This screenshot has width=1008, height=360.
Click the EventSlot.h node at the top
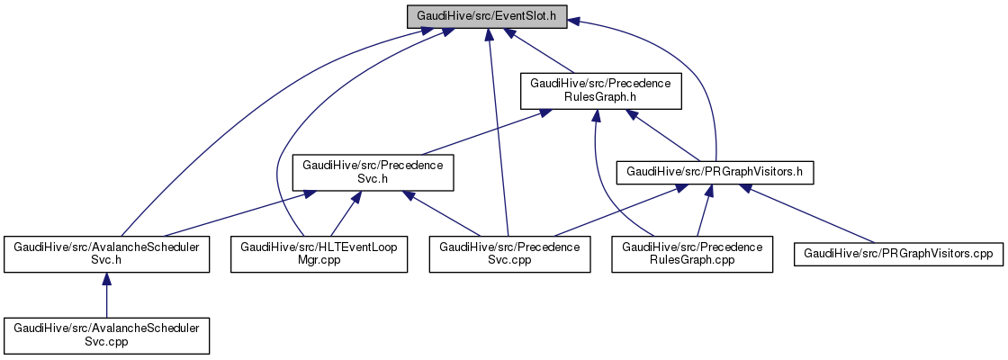[486, 15]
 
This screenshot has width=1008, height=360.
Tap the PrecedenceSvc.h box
[372, 172]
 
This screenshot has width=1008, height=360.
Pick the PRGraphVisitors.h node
[715, 171]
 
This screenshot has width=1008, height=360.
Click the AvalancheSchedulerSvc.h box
[106, 254]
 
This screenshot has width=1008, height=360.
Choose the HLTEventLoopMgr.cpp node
[319, 254]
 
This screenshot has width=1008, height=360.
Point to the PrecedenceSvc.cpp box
[510, 254]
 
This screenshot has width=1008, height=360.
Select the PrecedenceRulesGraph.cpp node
[692, 254]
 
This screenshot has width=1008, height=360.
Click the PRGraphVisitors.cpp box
[896, 254]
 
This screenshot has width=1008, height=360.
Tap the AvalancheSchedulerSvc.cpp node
[106, 335]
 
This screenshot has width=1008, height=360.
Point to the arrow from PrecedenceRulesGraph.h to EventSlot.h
[544, 53]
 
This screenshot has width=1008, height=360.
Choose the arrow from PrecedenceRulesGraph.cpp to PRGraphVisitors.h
[702, 213]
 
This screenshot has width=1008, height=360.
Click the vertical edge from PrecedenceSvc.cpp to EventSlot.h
[498, 135]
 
